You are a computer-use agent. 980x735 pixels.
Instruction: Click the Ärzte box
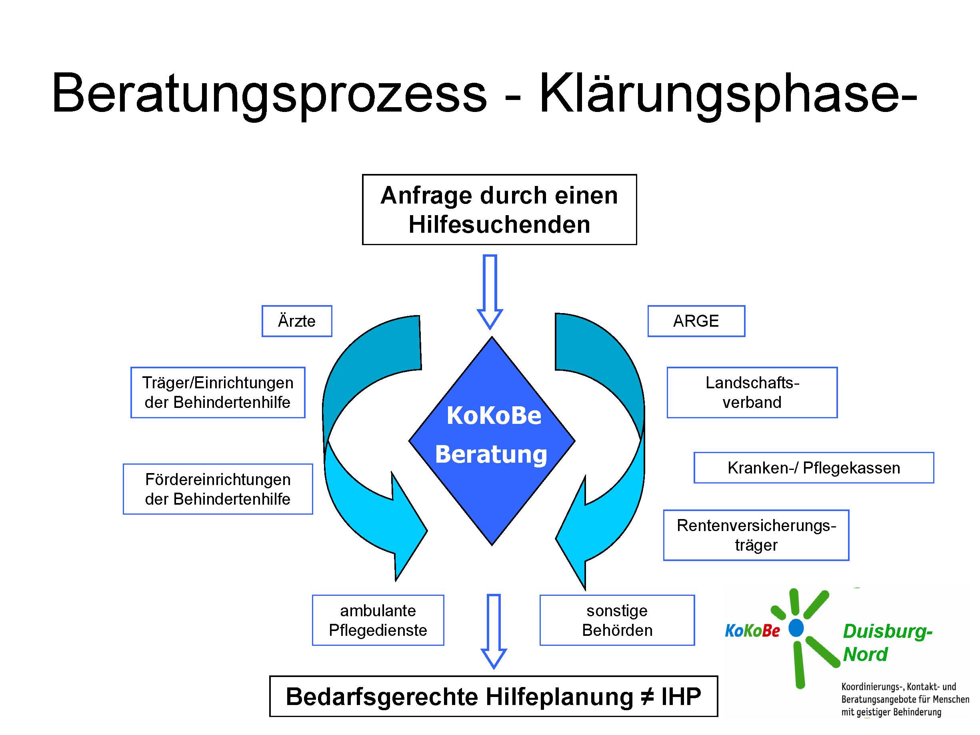click(x=296, y=321)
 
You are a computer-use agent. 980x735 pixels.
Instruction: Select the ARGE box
click(x=696, y=321)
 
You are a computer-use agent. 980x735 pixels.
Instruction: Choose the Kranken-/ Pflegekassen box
click(x=814, y=467)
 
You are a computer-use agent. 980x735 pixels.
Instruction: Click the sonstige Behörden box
click(x=617, y=620)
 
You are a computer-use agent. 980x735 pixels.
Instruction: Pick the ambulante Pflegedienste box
click(x=378, y=620)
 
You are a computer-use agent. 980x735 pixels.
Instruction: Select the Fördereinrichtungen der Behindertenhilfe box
click(x=218, y=489)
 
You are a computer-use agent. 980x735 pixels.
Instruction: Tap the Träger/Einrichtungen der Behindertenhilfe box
click(x=218, y=392)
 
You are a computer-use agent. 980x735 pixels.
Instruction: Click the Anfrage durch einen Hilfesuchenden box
click(x=499, y=209)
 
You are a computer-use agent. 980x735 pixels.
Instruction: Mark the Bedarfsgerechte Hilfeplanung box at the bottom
click(x=493, y=696)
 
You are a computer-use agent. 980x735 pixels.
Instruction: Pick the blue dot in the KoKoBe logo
click(x=796, y=628)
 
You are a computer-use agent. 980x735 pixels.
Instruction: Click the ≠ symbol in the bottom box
click(x=646, y=697)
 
